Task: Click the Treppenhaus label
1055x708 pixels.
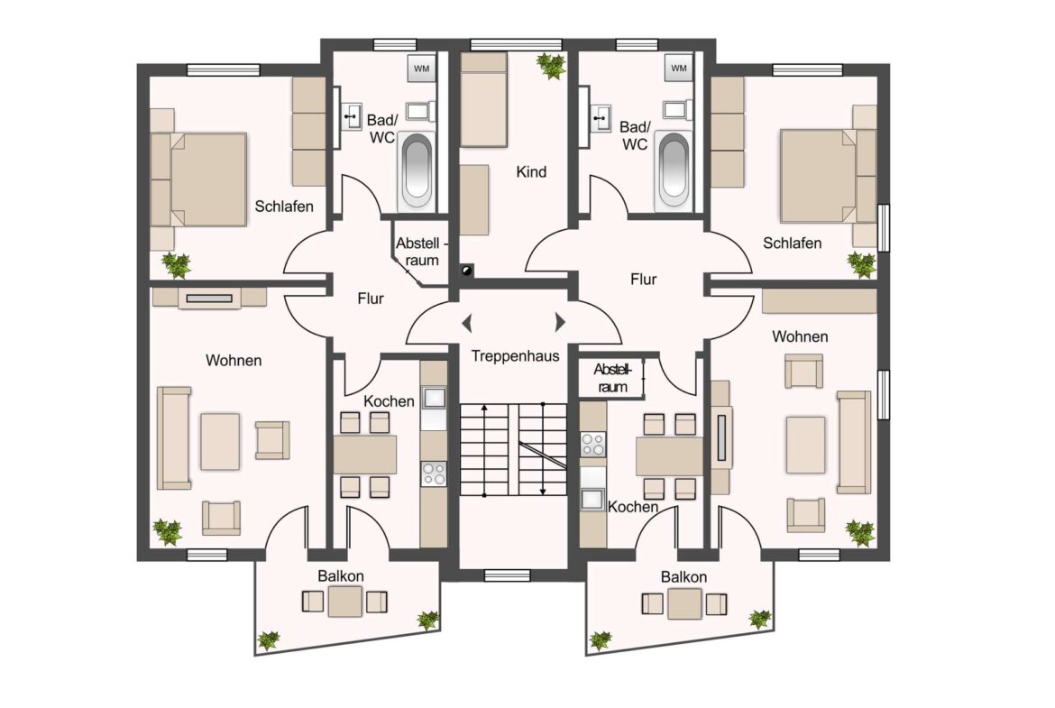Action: (x=515, y=356)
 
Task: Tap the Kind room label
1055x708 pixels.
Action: (x=531, y=171)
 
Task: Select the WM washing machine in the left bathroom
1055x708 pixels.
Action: (x=421, y=69)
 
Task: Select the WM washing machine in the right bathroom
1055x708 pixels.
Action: (x=679, y=68)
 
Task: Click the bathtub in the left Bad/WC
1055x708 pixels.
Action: (x=417, y=170)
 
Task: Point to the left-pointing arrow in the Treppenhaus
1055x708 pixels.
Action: (x=467, y=323)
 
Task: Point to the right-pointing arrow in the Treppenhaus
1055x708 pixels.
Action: (x=560, y=322)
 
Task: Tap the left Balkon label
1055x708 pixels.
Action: (x=341, y=576)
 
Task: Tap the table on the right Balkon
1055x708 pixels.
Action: (x=685, y=603)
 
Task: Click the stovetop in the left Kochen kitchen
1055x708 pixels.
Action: (x=434, y=474)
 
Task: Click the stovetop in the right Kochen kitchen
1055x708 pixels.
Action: (x=592, y=445)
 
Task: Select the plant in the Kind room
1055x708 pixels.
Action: (x=552, y=66)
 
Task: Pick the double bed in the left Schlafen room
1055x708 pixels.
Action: (x=197, y=179)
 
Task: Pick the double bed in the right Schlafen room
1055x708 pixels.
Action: (x=829, y=175)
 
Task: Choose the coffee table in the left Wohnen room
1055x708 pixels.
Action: (x=220, y=442)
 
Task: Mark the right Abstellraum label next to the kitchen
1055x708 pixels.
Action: (x=612, y=378)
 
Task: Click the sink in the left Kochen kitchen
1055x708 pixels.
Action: (x=434, y=398)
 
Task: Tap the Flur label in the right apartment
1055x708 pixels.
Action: (x=643, y=280)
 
